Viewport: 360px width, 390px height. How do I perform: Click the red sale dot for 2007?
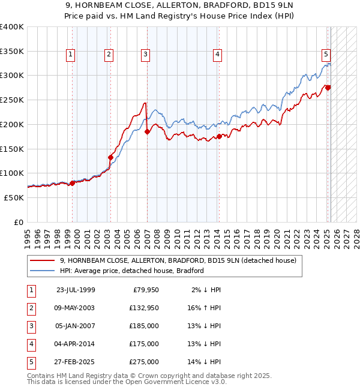tap(148, 132)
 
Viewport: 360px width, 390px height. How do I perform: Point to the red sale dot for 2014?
tap(219, 136)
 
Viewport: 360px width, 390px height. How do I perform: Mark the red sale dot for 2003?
tap(110, 157)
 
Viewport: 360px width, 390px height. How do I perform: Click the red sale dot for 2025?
tap(328, 88)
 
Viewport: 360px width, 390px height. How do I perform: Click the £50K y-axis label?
tap(14, 197)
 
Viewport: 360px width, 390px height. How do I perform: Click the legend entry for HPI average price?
tap(132, 271)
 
